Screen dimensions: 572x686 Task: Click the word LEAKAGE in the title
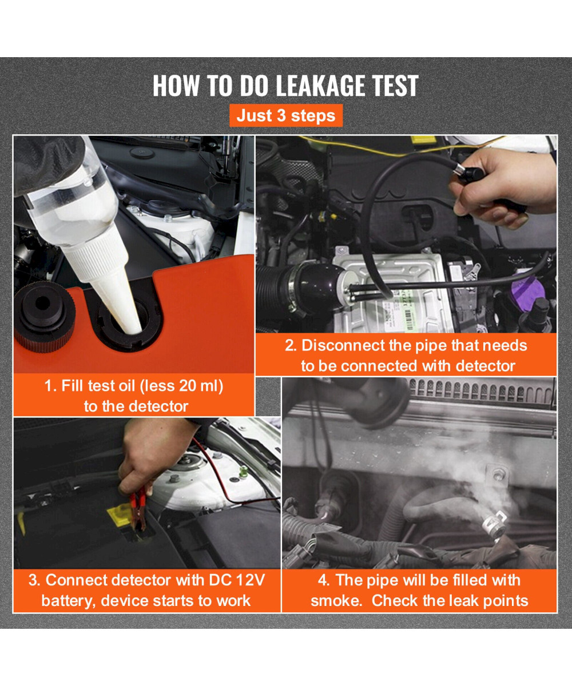pyautogui.click(x=321, y=86)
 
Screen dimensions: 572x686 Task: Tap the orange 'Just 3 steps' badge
pyautogui.click(x=286, y=115)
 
